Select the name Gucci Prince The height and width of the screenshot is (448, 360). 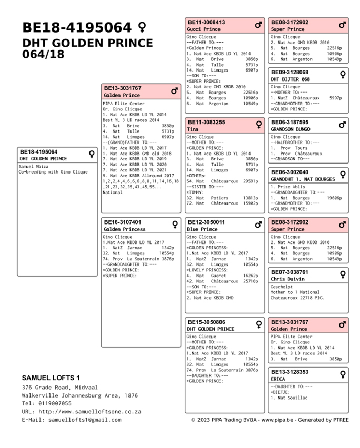(204, 29)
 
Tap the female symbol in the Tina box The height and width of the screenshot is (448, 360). (258, 125)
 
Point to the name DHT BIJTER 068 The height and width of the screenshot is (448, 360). (290, 79)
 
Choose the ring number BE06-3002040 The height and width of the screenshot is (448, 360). (289, 172)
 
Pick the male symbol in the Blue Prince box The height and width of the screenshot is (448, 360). (258, 225)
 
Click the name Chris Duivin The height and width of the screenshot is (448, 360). (287, 279)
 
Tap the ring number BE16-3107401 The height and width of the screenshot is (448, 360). (122, 222)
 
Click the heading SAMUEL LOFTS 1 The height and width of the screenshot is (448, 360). (51, 378)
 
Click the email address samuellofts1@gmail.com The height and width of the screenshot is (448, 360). (84, 420)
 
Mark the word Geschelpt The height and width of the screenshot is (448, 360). (283, 287)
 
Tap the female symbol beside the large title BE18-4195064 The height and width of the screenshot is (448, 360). (142, 27)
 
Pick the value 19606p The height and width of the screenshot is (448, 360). (334, 198)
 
